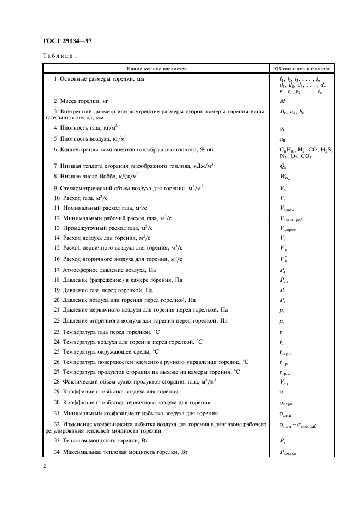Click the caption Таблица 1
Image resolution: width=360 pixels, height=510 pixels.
tap(60, 57)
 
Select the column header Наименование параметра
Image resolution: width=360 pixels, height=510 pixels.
tap(156, 69)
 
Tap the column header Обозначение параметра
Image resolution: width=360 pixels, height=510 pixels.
tap(302, 69)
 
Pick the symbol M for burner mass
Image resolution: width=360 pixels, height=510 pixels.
tap(282, 101)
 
